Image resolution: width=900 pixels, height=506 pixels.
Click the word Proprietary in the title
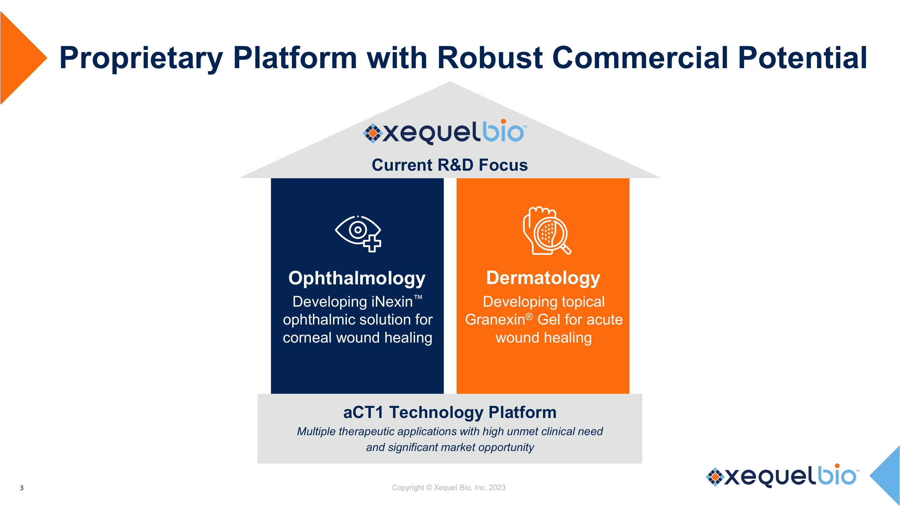tap(141, 58)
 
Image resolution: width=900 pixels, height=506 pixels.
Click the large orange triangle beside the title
tap(19, 58)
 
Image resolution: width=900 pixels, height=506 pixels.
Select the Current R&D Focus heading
tap(449, 165)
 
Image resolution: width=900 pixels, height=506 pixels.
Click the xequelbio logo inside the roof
tap(444, 132)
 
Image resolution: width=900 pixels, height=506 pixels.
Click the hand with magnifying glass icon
tap(546, 231)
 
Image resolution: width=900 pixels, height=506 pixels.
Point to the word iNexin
tap(392, 302)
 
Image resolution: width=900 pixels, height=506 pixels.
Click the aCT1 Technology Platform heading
tap(449, 412)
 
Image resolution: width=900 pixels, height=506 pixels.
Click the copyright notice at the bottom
tap(448, 487)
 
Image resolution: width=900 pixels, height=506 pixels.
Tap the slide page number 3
tap(22, 488)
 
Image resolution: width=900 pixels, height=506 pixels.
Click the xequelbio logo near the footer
tap(782, 476)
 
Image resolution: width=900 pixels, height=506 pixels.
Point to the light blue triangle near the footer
tap(888, 475)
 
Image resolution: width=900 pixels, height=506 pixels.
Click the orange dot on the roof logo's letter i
tap(503, 121)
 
